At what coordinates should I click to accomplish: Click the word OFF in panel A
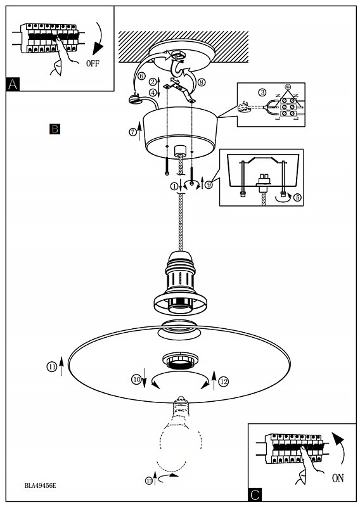tap(93, 63)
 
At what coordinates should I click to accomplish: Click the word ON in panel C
tap(338, 478)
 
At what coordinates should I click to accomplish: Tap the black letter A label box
tap(13, 84)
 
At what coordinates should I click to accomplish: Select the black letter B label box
tap(55, 129)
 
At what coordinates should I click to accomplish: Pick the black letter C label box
tap(255, 495)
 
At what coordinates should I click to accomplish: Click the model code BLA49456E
tap(41, 485)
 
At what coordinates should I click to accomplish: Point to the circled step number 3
tap(262, 93)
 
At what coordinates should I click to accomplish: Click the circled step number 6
tap(141, 76)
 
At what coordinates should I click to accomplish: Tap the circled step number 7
tap(132, 132)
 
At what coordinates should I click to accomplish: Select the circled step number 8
tap(201, 82)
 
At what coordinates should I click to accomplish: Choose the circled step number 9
tap(209, 184)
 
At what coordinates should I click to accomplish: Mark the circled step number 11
tap(52, 367)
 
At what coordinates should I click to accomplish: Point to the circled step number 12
tap(224, 382)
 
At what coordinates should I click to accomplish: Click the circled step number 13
tap(149, 481)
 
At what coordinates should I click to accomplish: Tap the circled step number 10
tap(136, 379)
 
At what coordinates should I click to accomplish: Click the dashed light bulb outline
tap(161, 446)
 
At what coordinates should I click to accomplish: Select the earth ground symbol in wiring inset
tap(287, 86)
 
